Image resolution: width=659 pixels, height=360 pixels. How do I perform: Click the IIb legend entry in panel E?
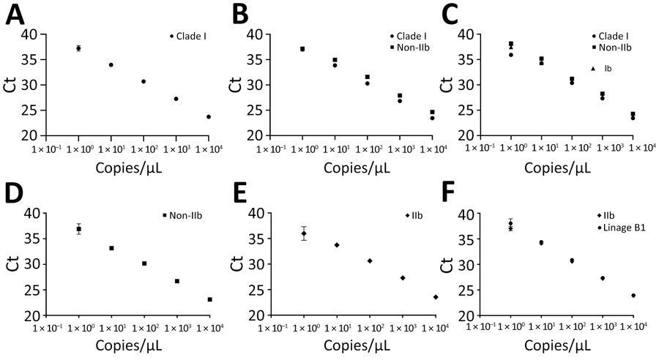pos(414,215)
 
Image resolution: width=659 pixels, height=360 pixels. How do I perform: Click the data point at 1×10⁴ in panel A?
pos(209,116)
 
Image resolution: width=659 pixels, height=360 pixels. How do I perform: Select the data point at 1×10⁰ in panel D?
pos(78,229)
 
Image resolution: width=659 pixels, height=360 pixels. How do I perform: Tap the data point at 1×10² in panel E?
pos(370,261)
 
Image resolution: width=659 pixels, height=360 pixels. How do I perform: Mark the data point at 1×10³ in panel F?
pos(603,278)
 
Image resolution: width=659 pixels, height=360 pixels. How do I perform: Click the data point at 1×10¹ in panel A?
pos(111,65)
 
